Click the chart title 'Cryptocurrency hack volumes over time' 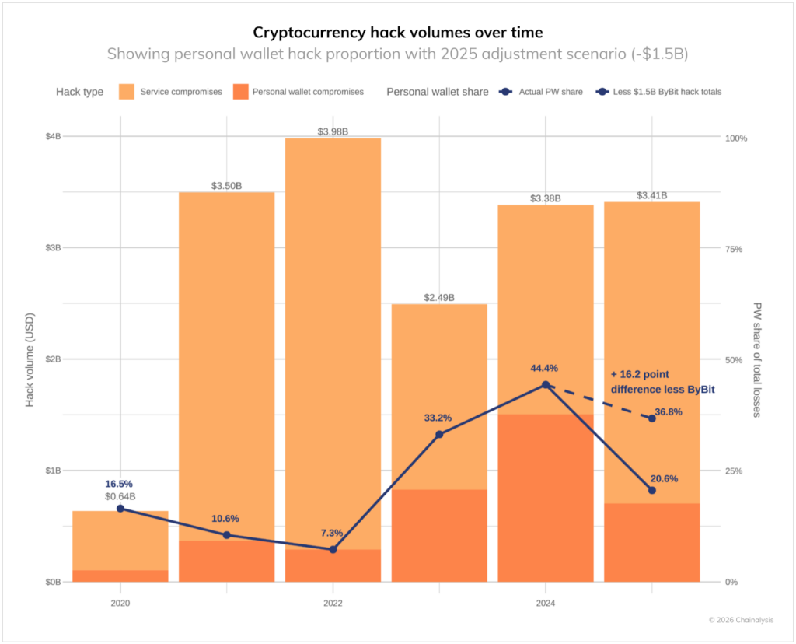tap(397, 33)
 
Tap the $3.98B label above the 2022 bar tap(333, 131)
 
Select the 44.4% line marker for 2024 tap(546, 385)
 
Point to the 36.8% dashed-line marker tap(652, 418)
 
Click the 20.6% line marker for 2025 tap(652, 490)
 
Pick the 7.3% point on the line tap(333, 549)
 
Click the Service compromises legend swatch tap(126, 92)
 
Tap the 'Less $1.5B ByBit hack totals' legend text tap(668, 92)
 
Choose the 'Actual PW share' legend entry tap(549, 92)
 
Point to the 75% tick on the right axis tap(734, 249)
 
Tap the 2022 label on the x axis tap(333, 602)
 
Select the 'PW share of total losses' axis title tap(758, 359)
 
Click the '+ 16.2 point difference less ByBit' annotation tap(662, 381)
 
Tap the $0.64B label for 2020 tap(120, 496)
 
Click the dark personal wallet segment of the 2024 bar tap(546, 498)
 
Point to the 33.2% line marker tap(439, 434)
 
